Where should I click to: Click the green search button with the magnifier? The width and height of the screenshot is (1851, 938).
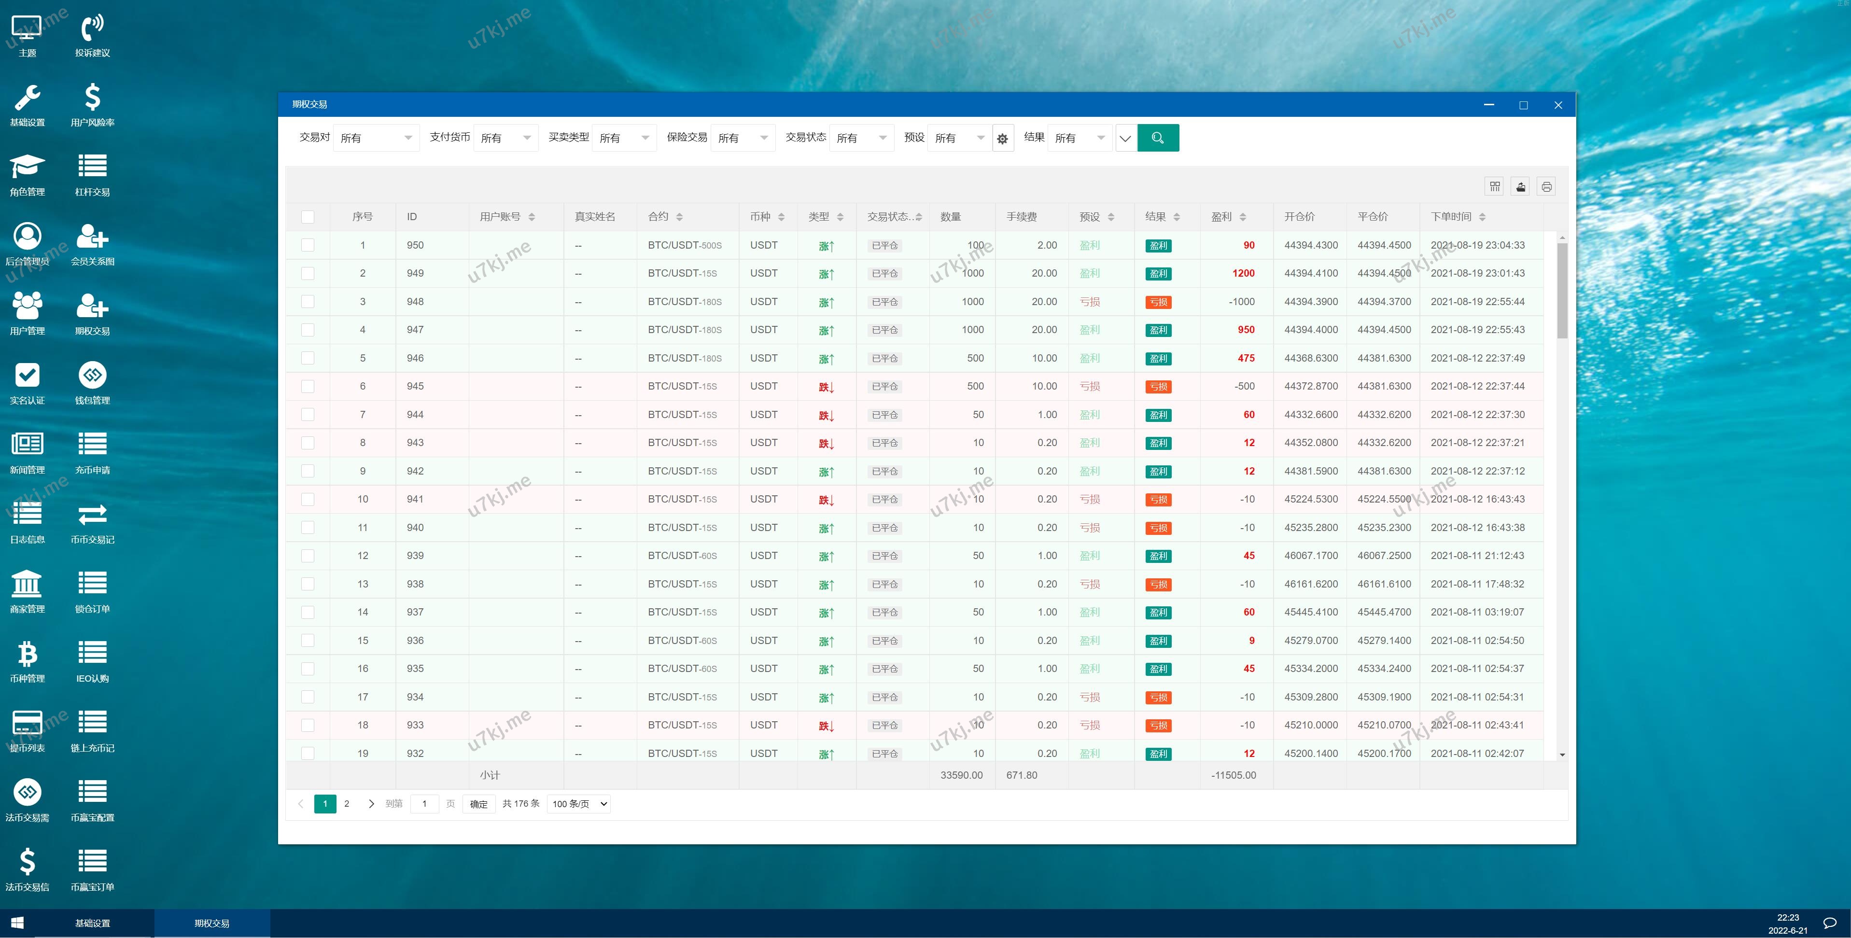point(1158,138)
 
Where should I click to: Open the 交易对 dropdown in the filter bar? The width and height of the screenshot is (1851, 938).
point(376,138)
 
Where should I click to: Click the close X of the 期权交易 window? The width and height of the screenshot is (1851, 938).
point(1558,105)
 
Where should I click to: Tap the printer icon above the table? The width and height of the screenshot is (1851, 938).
point(1546,187)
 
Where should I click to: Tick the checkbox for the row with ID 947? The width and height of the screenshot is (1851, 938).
point(308,330)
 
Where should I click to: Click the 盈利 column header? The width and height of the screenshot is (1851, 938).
point(1221,216)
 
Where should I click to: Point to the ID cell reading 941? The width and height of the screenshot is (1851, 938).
point(415,499)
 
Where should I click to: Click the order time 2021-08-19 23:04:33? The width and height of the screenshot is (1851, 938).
point(1477,245)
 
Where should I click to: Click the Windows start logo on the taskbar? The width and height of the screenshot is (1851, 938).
point(17,923)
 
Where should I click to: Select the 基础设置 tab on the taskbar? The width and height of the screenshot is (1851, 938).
point(93,923)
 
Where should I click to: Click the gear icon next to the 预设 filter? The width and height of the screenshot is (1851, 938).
point(1002,139)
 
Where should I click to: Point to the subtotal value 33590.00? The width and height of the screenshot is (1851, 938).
point(961,775)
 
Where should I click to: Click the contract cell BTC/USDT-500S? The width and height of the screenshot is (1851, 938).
point(684,245)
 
